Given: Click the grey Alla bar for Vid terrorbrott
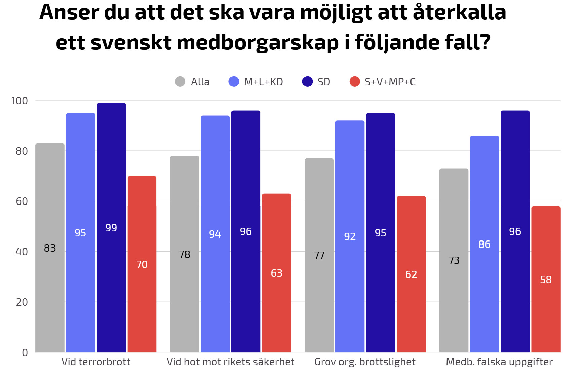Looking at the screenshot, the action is tap(50, 248).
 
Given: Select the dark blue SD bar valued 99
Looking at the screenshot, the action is tap(111, 227).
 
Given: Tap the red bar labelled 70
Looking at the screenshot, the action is tap(142, 264).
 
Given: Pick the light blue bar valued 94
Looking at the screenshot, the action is tap(215, 234).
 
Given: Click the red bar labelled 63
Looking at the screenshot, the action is tap(277, 273).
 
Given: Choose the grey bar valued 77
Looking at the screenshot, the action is tap(319, 255).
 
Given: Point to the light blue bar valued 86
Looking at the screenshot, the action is tap(485, 244).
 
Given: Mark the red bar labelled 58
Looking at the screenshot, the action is tap(546, 279).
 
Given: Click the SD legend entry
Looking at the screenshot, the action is tap(316, 82).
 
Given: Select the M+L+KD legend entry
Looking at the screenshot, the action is tap(256, 82).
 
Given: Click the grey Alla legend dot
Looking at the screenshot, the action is tap(180, 82).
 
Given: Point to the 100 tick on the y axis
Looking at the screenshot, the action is tap(20, 101).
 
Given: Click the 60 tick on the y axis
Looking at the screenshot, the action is tap(22, 201).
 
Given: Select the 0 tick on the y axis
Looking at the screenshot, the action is tap(25, 353).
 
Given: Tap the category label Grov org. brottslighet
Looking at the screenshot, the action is tap(365, 362).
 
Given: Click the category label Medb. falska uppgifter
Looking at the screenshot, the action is tap(499, 362).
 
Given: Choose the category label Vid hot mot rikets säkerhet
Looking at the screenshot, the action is tap(230, 362).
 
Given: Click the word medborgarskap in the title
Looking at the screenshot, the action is tap(258, 42).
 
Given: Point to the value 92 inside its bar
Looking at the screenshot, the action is tap(350, 236).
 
